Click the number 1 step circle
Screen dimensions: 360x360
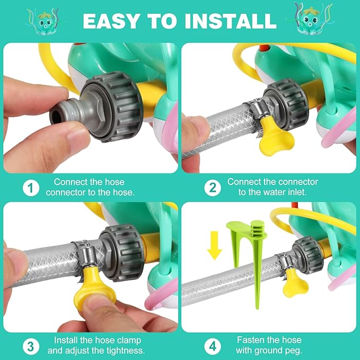point(31,188)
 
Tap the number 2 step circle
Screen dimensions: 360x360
point(213,188)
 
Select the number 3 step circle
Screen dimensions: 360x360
point(31,346)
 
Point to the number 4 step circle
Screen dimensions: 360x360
point(213,346)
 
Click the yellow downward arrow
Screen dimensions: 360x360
point(214,245)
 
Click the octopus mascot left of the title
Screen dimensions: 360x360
point(43,22)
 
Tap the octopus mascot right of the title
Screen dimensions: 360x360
point(310,20)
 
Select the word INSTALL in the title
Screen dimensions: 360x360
point(231,21)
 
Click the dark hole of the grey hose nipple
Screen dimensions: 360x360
point(55,117)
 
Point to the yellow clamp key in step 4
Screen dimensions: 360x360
point(294,285)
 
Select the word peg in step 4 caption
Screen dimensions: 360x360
point(293,351)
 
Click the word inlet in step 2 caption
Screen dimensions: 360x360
point(297,192)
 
